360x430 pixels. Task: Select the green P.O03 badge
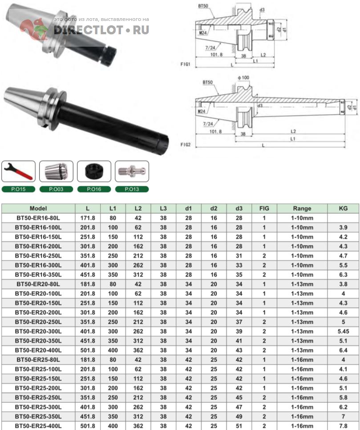coord(56,189)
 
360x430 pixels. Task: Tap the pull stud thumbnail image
coord(132,171)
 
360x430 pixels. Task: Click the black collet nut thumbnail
coord(94,171)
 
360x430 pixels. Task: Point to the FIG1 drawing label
coord(185,64)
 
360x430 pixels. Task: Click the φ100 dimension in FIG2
coord(243,78)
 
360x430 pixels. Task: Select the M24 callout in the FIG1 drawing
coord(203,33)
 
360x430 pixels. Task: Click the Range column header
coord(302,209)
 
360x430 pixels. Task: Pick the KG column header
coord(343,209)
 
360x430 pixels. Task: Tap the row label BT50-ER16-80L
coord(38,218)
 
